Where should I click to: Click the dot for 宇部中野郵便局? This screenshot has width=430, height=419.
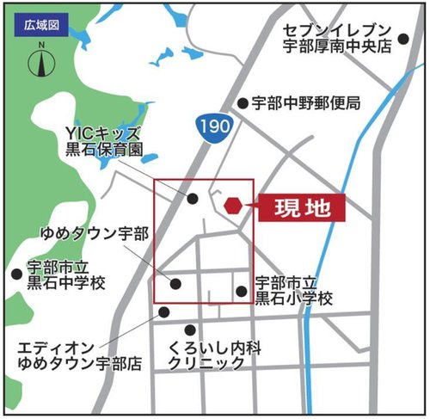pyautogui.click(x=243, y=102)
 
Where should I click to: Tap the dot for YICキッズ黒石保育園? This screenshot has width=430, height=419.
pyautogui.click(x=193, y=199)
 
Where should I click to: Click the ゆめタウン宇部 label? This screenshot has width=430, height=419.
pyautogui.click(x=82, y=233)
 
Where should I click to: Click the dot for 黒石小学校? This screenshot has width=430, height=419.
pyautogui.click(x=242, y=291)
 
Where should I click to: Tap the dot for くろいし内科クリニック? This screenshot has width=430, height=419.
pyautogui.click(x=190, y=330)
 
